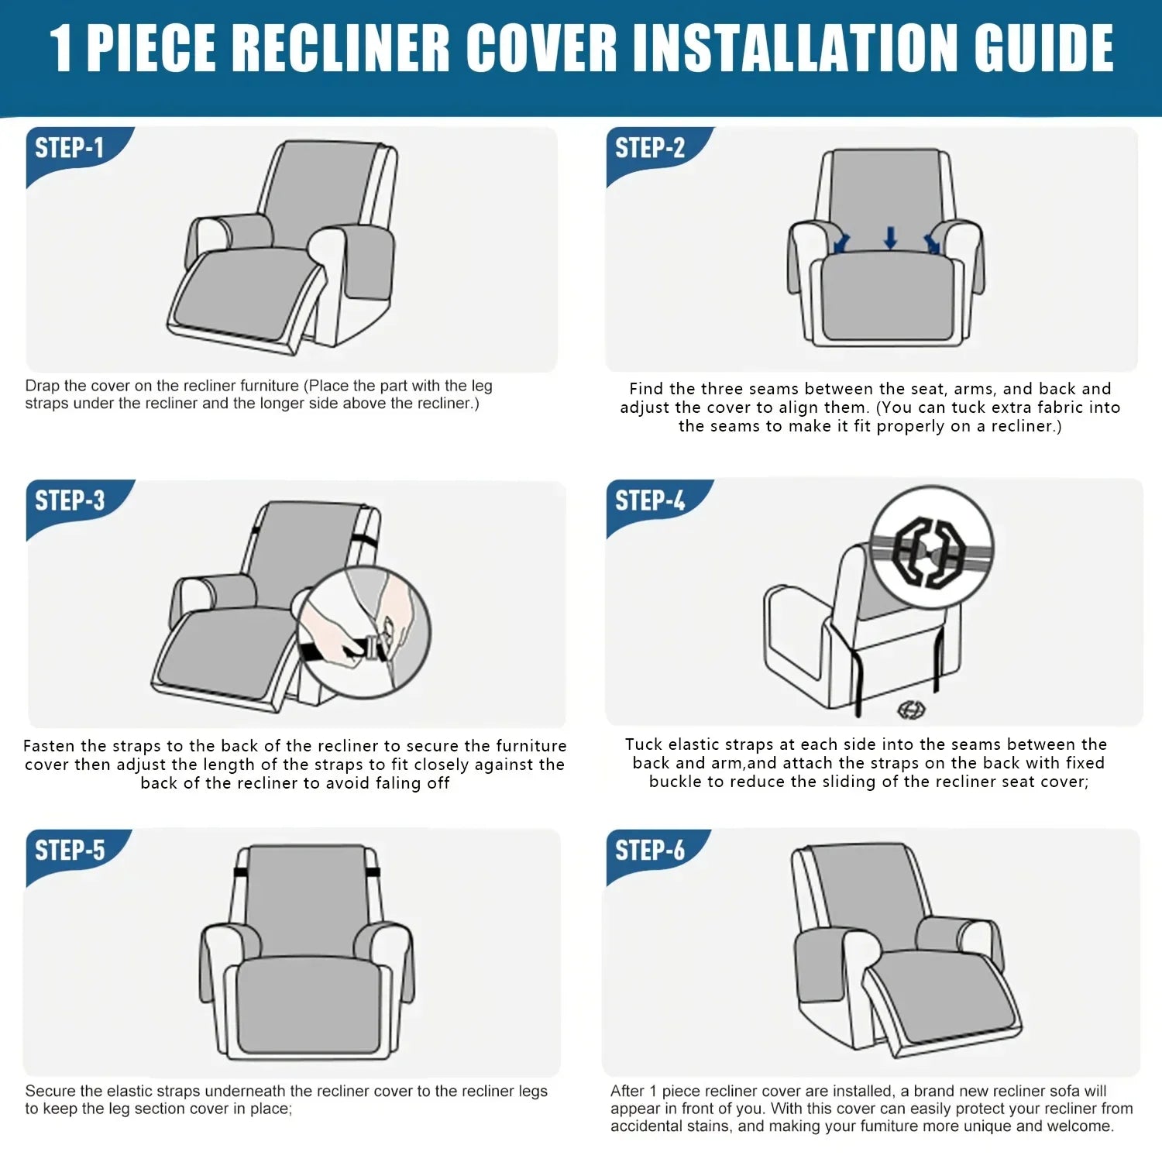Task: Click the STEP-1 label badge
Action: [x=70, y=148]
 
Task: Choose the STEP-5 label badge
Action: [x=70, y=850]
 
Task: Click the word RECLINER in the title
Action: [x=341, y=48]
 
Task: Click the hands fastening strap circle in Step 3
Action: [x=363, y=631]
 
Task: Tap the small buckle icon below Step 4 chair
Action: [x=911, y=709]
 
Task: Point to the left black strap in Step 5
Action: [x=240, y=873]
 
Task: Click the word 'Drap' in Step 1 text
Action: [x=43, y=386]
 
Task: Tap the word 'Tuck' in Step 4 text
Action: [x=644, y=744]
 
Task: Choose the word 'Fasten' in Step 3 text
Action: [x=49, y=746]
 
